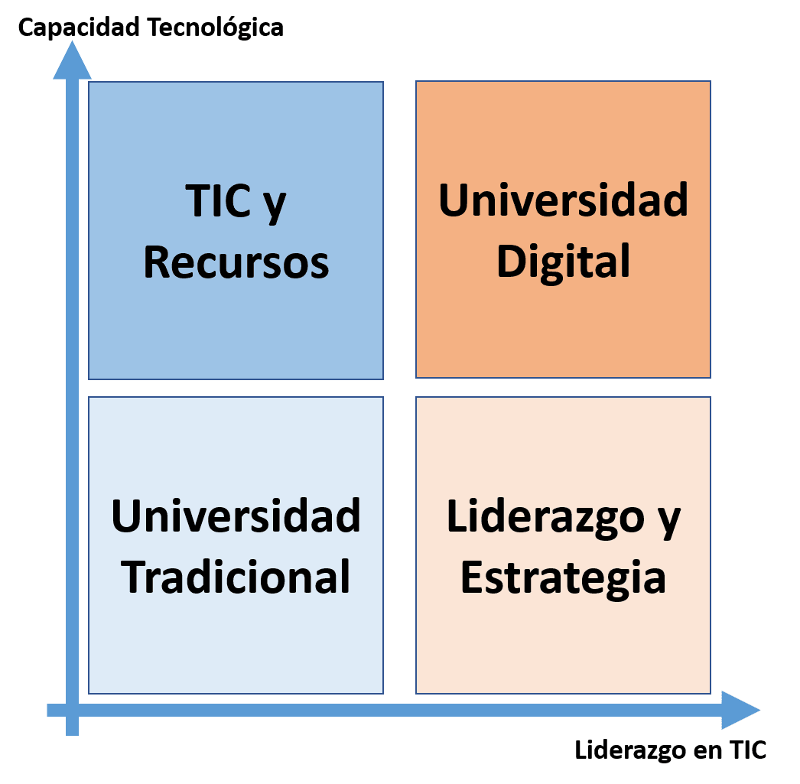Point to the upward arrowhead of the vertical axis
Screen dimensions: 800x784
point(72,61)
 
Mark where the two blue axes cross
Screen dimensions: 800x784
point(72,710)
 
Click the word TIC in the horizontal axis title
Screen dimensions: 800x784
point(747,750)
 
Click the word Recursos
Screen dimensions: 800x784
point(236,262)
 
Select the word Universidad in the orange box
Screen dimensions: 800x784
point(563,200)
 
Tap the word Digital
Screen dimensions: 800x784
point(563,262)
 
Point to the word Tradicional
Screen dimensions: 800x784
point(236,577)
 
